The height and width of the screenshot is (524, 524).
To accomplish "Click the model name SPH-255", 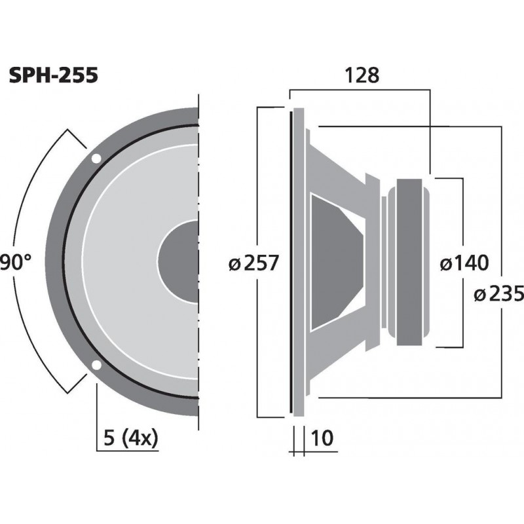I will point(54,76).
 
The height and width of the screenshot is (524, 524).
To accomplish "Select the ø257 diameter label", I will point(253,263).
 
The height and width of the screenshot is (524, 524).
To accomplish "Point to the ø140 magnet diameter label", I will point(464,263).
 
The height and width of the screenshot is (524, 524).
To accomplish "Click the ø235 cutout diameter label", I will point(498,295).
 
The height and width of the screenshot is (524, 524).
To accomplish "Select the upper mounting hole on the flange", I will point(96,159).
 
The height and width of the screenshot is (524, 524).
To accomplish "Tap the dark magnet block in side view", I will point(412,262).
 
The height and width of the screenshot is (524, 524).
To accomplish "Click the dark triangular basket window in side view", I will point(334,262).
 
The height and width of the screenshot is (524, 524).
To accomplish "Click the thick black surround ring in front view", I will point(66,262).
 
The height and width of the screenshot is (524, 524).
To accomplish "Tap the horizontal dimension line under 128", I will point(360,90).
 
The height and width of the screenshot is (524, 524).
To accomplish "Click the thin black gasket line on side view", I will point(290,262).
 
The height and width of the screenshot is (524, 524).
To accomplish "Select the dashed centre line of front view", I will point(198,196).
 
